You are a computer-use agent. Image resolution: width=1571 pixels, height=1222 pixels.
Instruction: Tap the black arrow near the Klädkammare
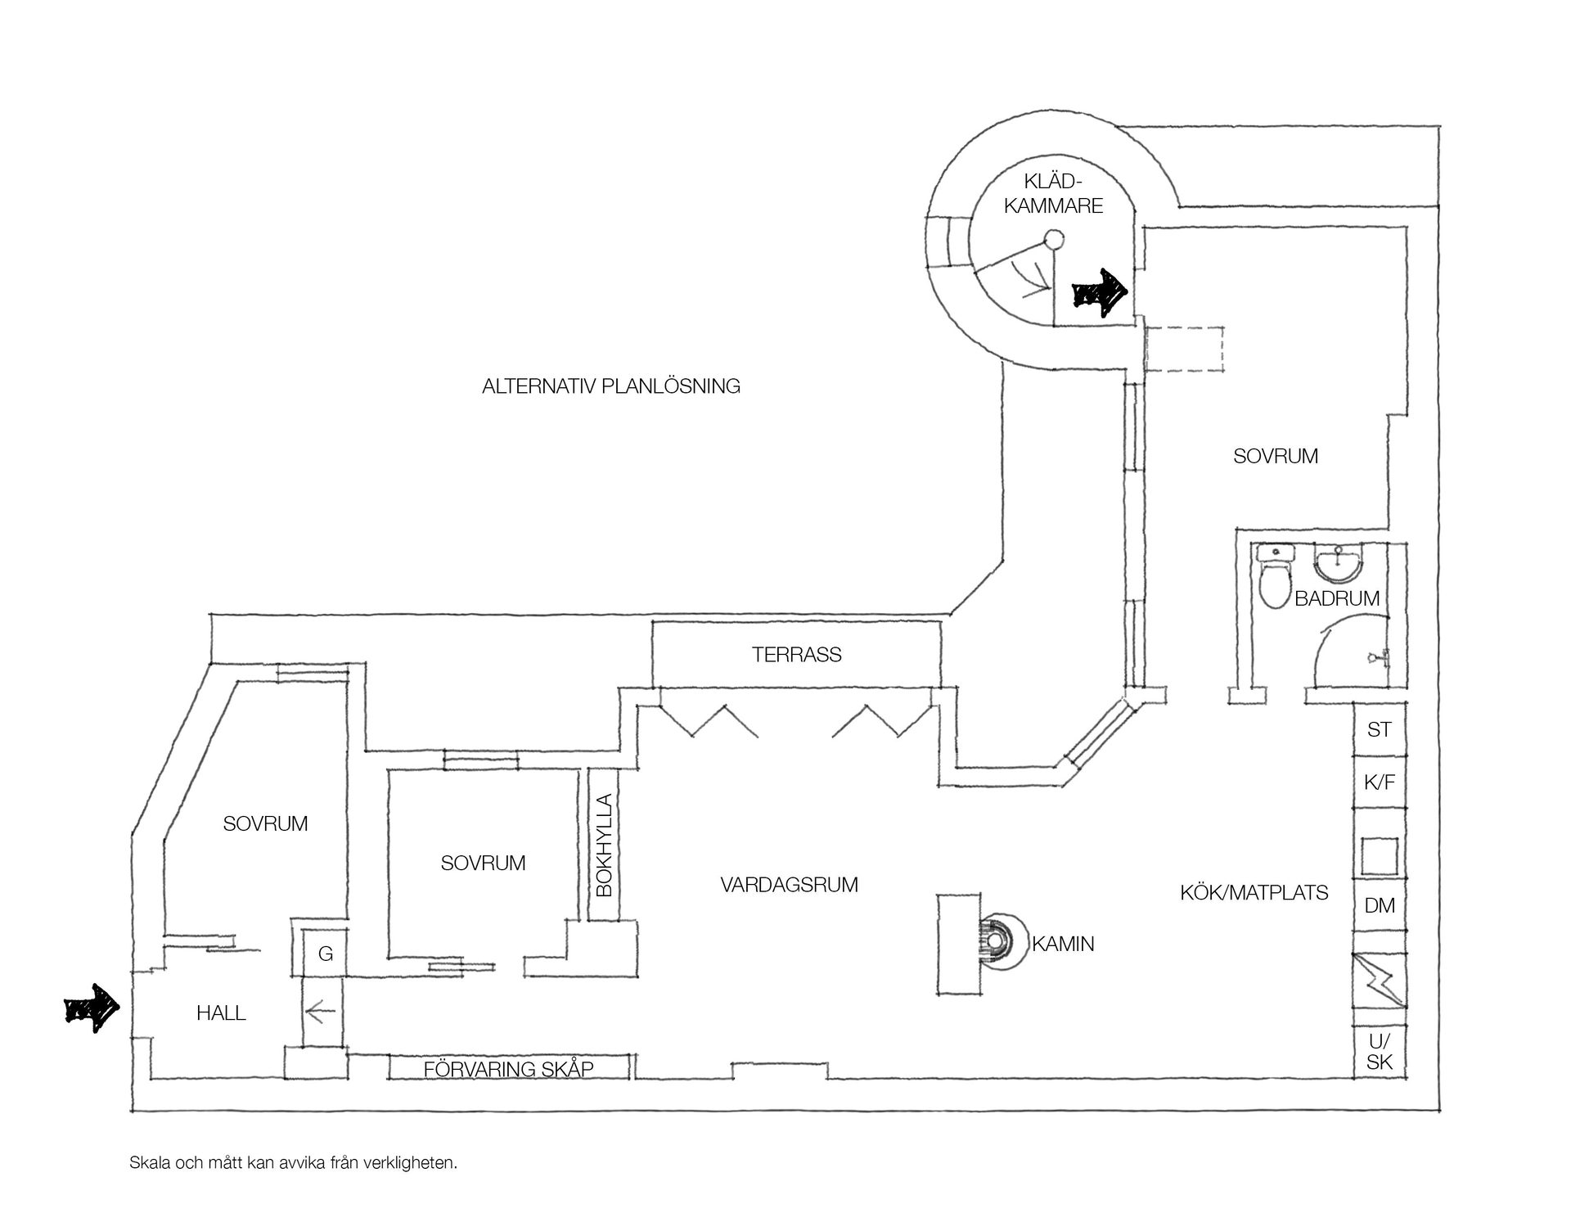[1101, 293]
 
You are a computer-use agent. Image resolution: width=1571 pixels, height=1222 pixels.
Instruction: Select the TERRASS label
[797, 655]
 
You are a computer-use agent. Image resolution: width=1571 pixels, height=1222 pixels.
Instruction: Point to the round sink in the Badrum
[1339, 564]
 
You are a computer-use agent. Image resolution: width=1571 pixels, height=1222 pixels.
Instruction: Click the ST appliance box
[1380, 728]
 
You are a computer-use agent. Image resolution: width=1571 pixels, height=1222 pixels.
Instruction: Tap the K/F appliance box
[1380, 782]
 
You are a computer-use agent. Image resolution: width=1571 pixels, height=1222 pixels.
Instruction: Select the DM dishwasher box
[1380, 905]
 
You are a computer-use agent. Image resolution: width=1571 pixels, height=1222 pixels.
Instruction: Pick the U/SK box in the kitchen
[1380, 1053]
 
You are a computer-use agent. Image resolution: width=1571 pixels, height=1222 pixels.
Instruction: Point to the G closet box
[325, 954]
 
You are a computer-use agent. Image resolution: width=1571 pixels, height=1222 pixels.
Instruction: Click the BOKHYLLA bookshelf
[605, 845]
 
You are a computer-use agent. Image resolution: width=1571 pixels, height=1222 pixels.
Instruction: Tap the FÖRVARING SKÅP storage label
[509, 1069]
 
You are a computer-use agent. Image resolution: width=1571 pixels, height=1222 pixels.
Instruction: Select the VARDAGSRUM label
[790, 885]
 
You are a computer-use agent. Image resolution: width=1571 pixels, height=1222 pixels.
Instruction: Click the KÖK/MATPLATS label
[1254, 892]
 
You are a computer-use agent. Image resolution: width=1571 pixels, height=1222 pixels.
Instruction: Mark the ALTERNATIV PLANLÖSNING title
[611, 386]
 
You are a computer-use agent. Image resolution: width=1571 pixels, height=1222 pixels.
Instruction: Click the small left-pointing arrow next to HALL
[321, 1014]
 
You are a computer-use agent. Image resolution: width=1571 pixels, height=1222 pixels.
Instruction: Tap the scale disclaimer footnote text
[293, 1163]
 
